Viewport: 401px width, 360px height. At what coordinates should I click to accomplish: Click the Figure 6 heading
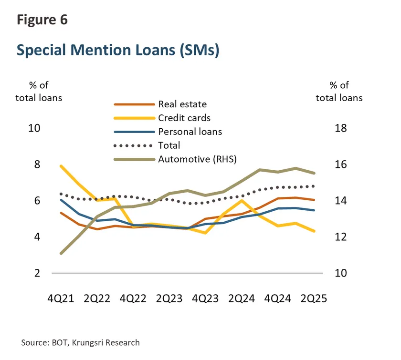pyautogui.click(x=42, y=20)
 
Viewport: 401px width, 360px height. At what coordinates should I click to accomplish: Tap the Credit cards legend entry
pyautogui.click(x=184, y=118)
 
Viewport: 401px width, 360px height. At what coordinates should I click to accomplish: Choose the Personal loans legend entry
pyautogui.click(x=190, y=132)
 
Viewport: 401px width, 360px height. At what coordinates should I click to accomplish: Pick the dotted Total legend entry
pyautogui.click(x=169, y=145)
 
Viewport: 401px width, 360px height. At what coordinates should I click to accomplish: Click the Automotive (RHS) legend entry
pyautogui.click(x=197, y=159)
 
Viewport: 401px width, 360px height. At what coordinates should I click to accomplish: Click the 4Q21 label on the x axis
pyautogui.click(x=61, y=298)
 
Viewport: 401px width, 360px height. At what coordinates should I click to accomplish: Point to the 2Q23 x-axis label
pyautogui.click(x=169, y=298)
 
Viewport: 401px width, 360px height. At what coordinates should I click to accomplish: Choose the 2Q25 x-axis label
pyautogui.click(x=313, y=298)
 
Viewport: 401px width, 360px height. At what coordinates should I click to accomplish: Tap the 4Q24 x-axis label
pyautogui.click(x=278, y=298)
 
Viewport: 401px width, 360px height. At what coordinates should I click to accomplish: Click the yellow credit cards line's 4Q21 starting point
pyautogui.click(x=61, y=166)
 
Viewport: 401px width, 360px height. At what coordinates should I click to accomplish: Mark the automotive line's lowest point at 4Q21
pyautogui.click(x=61, y=253)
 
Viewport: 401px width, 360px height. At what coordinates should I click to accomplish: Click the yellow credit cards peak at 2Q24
pyautogui.click(x=242, y=200)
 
